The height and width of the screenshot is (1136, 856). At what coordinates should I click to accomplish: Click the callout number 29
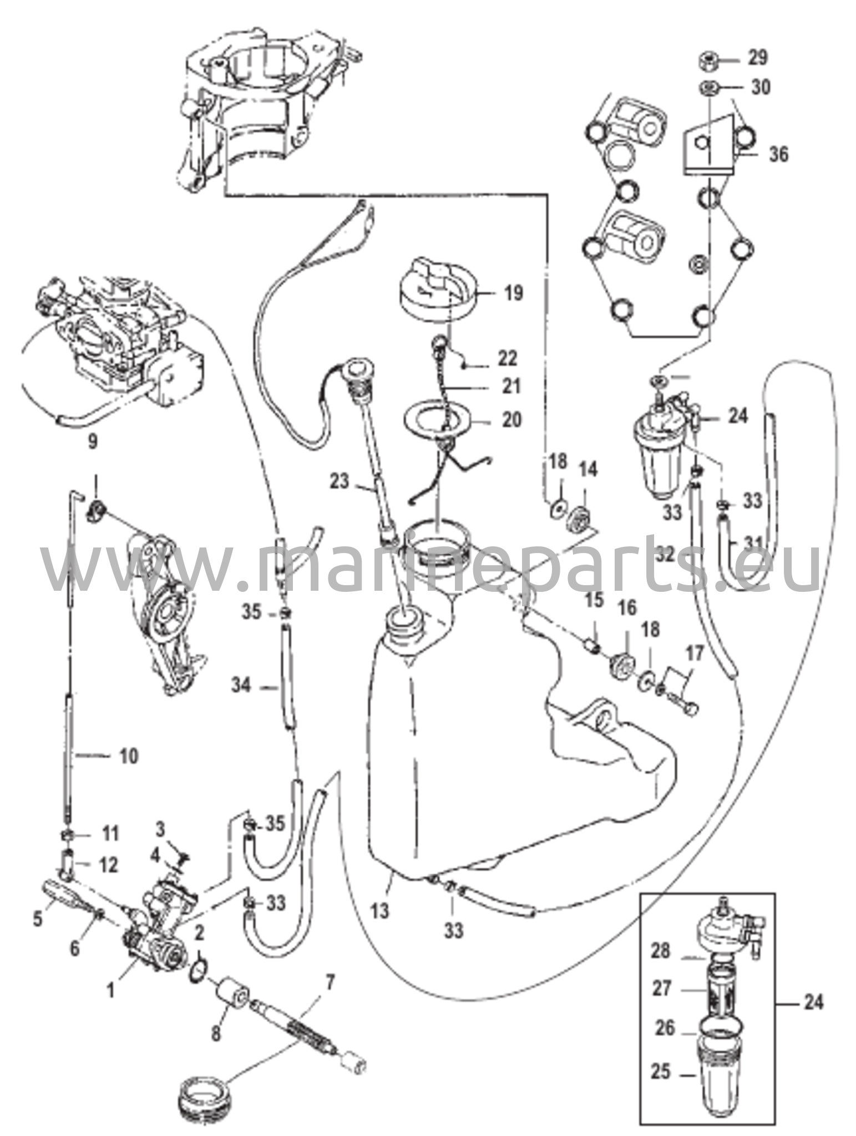[x=757, y=57]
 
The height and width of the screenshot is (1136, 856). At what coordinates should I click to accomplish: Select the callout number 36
[x=778, y=154]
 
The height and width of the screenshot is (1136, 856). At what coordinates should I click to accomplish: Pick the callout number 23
[x=340, y=481]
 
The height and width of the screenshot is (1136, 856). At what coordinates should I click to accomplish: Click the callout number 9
[x=93, y=441]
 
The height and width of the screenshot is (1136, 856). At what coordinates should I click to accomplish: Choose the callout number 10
[x=129, y=755]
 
